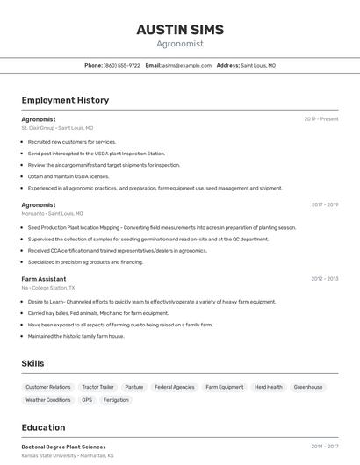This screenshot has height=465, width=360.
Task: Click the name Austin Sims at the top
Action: pyautogui.click(x=180, y=30)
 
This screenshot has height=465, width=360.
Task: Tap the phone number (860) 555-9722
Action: pyautogui.click(x=121, y=66)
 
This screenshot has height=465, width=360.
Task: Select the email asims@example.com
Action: pyautogui.click(x=187, y=66)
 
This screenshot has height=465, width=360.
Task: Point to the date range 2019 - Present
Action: pyautogui.click(x=320, y=119)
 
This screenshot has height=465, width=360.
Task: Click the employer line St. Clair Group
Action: pyautogui.click(x=57, y=128)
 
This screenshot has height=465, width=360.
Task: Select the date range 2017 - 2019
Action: pyautogui.click(x=324, y=205)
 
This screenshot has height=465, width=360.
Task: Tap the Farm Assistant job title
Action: pyautogui.click(x=44, y=279)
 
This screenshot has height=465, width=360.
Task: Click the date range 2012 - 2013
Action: pyautogui.click(x=324, y=279)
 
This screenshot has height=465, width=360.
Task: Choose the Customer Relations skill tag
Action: pyautogui.click(x=48, y=387)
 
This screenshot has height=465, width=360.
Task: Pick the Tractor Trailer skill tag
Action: pyautogui.click(x=97, y=387)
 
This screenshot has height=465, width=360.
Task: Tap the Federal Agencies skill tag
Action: pyautogui.click(x=174, y=387)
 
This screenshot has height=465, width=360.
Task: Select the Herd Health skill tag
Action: pyautogui.click(x=269, y=387)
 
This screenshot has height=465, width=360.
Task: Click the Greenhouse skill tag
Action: pyautogui.click(x=308, y=387)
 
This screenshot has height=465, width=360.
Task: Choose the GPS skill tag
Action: pyautogui.click(x=87, y=400)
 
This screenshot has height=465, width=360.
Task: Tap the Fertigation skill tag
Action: pyautogui.click(x=116, y=400)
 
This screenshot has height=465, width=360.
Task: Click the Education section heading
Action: pyautogui.click(x=43, y=428)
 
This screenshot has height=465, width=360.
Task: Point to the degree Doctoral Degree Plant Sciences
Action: pyautogui.click(x=63, y=447)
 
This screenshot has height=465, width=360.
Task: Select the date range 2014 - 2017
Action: pyautogui.click(x=324, y=447)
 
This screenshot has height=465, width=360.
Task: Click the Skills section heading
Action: pyautogui.click(x=32, y=363)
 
